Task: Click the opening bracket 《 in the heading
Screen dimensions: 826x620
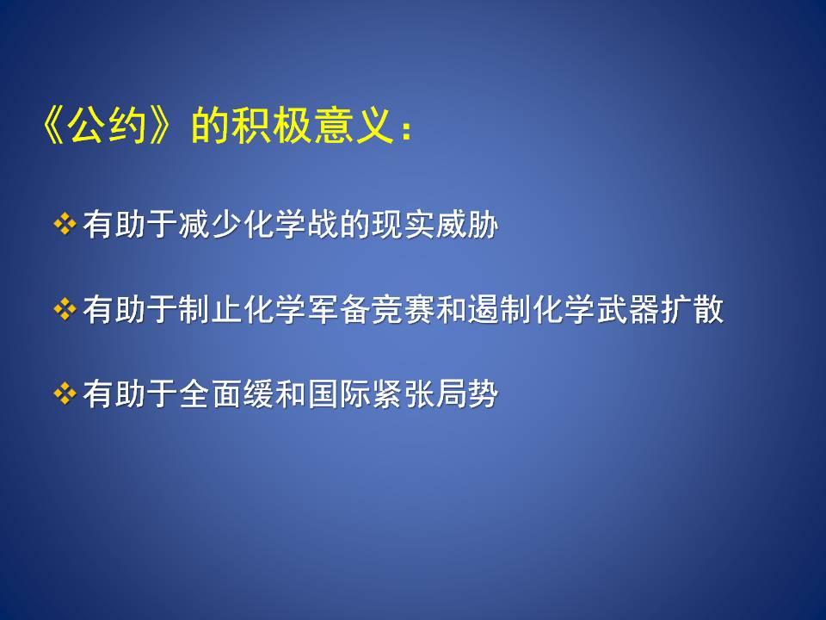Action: click(53, 127)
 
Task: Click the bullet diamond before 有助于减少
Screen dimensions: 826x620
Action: click(65, 224)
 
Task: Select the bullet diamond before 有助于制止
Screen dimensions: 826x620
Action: click(65, 309)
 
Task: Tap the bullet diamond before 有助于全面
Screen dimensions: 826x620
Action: click(65, 394)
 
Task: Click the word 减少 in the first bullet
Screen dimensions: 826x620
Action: click(211, 225)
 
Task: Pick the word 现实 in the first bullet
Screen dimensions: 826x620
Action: click(404, 225)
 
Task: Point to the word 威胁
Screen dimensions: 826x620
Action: click(467, 225)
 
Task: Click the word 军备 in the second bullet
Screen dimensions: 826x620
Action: click(339, 309)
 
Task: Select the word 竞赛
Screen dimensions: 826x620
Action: click(404, 309)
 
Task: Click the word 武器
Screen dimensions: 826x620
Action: click(628, 309)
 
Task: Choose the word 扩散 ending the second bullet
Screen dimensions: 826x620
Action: click(692, 309)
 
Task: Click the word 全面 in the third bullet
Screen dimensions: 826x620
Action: click(211, 394)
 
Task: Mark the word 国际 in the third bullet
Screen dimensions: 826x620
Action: click(339, 394)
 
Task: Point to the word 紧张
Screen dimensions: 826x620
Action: click(404, 394)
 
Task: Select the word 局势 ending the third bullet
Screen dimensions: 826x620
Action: click(467, 394)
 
